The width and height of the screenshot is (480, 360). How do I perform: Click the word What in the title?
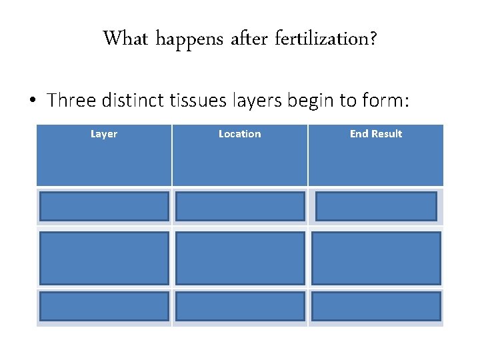126,39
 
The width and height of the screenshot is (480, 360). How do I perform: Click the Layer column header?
104,134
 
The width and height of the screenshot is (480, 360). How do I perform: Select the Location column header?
239,134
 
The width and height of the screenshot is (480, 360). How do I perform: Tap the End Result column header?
376,134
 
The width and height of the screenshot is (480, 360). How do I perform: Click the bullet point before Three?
33,101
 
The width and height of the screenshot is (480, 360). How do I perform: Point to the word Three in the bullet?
73,101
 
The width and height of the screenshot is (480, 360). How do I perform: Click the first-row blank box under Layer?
104,207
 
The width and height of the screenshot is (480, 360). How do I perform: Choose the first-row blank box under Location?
240,207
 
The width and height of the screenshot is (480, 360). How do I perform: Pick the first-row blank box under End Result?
376,207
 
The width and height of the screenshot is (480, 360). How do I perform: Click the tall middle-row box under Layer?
104,258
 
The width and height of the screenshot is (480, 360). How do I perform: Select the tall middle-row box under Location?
240,258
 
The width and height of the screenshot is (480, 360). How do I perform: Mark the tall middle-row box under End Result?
376,258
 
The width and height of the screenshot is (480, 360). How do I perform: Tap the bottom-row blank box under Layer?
104,306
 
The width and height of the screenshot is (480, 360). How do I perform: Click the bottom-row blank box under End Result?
376,306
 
